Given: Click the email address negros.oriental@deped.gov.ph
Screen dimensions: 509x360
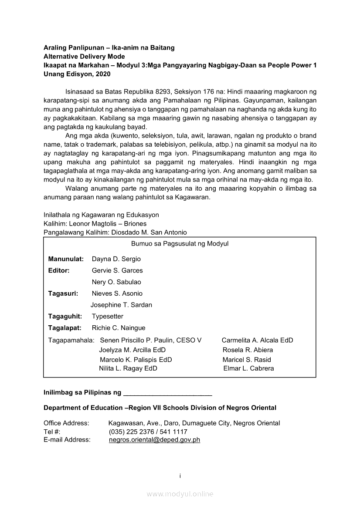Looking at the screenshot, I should pyautogui.click(x=154, y=440).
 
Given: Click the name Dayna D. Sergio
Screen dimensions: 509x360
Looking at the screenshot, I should pyautogui.click(x=116, y=259).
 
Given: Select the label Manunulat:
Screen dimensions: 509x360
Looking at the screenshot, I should pyautogui.click(x=66, y=259).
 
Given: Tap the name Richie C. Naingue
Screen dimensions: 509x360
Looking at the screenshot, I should pyautogui.click(x=119, y=328).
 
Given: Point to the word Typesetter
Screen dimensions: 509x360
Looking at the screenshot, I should pyautogui.click(x=107, y=317).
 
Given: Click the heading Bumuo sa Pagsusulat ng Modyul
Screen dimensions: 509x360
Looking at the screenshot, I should pyautogui.click(x=180, y=244).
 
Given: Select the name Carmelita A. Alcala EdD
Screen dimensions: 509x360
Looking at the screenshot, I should pyautogui.click(x=257, y=340).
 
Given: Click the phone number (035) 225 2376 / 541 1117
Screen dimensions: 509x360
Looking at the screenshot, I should pyautogui.click(x=148, y=431).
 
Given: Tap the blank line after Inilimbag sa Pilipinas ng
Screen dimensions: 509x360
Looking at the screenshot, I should pyautogui.click(x=168, y=393).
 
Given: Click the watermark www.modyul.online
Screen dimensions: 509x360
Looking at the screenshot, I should pyautogui.click(x=180, y=494).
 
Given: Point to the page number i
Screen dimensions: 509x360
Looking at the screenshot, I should pyautogui.click(x=180, y=476).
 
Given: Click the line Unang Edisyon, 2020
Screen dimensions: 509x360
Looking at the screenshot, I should pyautogui.click(x=77, y=74).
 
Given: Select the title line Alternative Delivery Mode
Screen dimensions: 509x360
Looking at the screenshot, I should pyautogui.click(x=84, y=57).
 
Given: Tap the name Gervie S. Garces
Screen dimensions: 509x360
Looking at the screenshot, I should pyautogui.click(x=117, y=270).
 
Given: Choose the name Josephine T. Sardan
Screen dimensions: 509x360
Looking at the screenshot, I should pyautogui.click(x=121, y=305).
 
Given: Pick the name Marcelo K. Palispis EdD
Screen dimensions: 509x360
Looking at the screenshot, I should pyautogui.click(x=136, y=360).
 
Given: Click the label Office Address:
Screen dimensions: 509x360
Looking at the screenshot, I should pyautogui.click(x=66, y=423).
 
